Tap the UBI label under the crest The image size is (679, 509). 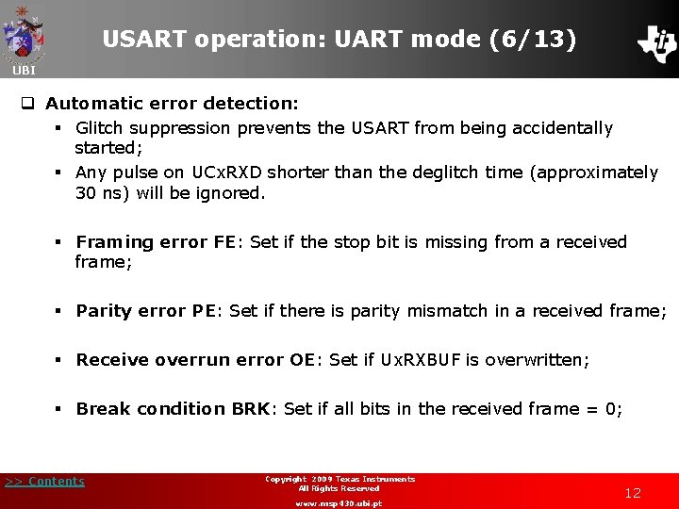click(24, 71)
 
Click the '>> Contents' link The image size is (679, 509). click(44, 482)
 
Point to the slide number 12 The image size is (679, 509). click(633, 493)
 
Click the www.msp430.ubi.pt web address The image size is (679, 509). click(339, 503)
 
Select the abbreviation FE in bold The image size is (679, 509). click(224, 242)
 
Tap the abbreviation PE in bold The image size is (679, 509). click(205, 310)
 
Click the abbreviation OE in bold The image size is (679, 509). click(302, 359)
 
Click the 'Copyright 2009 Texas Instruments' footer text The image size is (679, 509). click(339, 479)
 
